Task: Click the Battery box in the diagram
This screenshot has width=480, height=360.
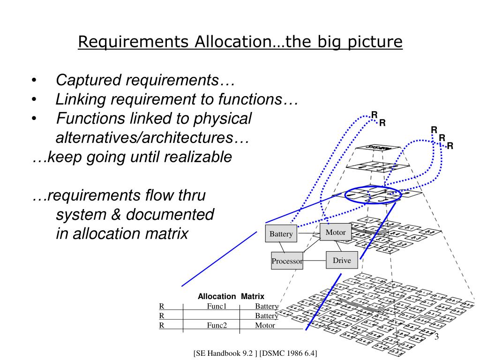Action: pyautogui.click(x=281, y=234)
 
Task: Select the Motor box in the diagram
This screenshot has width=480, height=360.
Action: pyautogui.click(x=336, y=232)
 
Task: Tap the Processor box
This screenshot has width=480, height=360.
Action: pyautogui.click(x=287, y=261)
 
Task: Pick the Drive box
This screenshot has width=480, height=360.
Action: pyautogui.click(x=342, y=260)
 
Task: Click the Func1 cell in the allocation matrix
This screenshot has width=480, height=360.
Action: pyautogui.click(x=217, y=307)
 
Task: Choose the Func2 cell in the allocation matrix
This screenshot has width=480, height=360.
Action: pyautogui.click(x=217, y=325)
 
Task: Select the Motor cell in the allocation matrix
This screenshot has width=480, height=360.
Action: pyautogui.click(x=265, y=325)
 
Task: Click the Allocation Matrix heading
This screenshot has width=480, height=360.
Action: pyautogui.click(x=231, y=296)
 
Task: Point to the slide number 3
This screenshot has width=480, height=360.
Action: pyautogui.click(x=436, y=338)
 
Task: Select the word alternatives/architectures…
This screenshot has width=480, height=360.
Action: pyautogui.click(x=152, y=138)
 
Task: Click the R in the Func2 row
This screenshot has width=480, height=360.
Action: pyautogui.click(x=162, y=325)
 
